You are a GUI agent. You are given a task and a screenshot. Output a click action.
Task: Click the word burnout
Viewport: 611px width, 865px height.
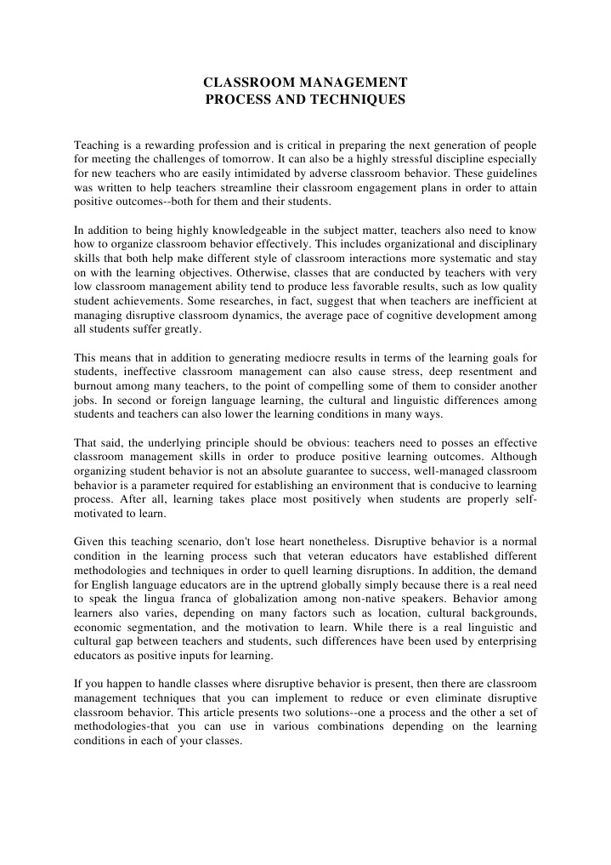click(x=97, y=387)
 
